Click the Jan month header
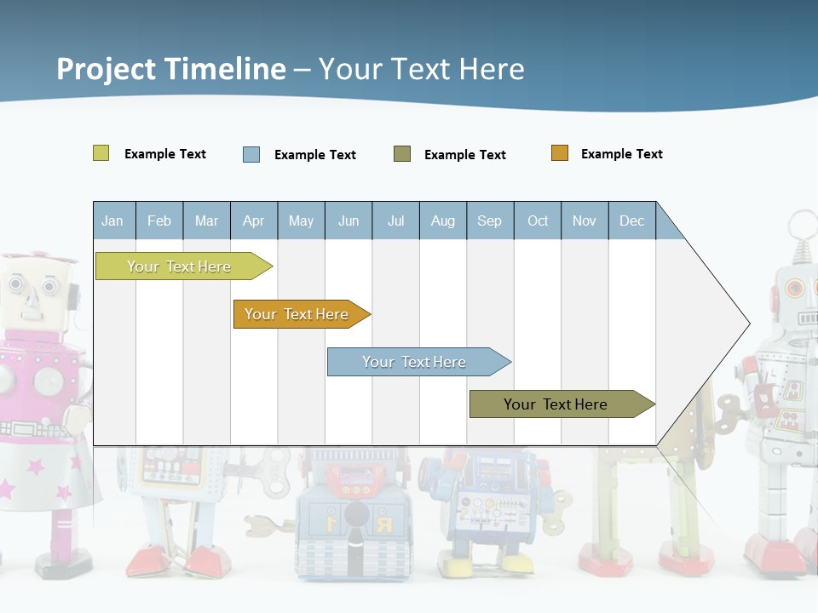(x=112, y=221)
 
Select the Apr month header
(x=253, y=221)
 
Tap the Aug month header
(x=442, y=221)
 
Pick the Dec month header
(x=631, y=221)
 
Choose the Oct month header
(x=537, y=221)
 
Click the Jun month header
(x=348, y=221)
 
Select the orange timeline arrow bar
(x=298, y=314)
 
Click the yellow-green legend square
(x=101, y=153)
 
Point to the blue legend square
(x=251, y=154)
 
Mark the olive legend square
(x=401, y=153)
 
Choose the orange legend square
(x=559, y=153)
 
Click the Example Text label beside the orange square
(x=621, y=154)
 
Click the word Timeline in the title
(x=225, y=69)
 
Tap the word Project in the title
(x=107, y=69)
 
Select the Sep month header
(x=489, y=221)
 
